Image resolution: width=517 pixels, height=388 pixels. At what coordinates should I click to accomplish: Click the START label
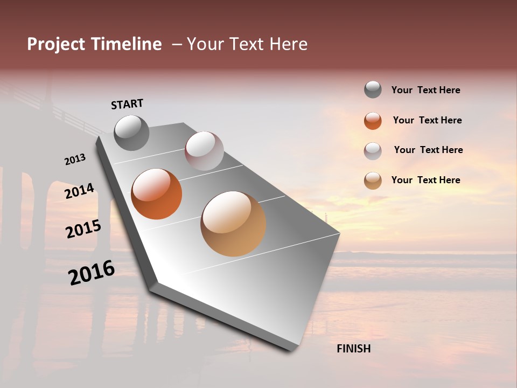(x=127, y=104)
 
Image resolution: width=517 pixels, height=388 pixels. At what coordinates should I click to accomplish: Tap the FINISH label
(x=354, y=349)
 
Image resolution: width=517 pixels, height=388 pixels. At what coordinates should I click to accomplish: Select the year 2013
(x=75, y=160)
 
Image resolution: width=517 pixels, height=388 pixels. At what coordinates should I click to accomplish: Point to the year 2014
(x=79, y=191)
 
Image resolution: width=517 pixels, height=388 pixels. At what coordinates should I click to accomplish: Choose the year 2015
(x=83, y=229)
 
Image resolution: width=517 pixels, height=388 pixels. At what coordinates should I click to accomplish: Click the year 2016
(x=92, y=273)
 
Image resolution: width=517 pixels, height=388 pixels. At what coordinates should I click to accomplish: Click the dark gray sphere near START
(x=132, y=133)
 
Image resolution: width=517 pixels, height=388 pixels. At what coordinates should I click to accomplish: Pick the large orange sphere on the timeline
(x=157, y=194)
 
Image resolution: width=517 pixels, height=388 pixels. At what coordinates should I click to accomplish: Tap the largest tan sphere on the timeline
(x=233, y=224)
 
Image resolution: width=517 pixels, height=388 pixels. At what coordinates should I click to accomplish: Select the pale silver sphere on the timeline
(x=204, y=151)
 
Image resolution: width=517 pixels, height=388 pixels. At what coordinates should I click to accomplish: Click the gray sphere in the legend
(x=373, y=90)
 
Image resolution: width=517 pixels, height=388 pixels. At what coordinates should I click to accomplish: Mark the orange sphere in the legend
(x=373, y=121)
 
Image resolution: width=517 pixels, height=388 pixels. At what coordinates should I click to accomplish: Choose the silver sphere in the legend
(x=373, y=151)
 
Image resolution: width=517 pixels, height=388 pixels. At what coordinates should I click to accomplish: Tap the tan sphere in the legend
(x=373, y=181)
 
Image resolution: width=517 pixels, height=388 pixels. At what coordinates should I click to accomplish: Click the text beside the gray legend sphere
(x=425, y=91)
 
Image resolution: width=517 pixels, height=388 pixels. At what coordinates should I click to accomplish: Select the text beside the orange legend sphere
(x=427, y=120)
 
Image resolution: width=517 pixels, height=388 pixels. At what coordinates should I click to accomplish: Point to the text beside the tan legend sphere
(x=425, y=180)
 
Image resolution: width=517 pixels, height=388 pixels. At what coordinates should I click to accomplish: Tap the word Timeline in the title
(x=127, y=44)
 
